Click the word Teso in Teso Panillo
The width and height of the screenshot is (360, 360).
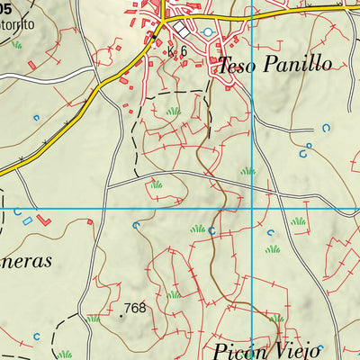coord(237,64)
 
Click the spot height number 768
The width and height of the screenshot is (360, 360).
coord(136,308)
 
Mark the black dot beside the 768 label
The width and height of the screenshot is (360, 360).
coord(121,316)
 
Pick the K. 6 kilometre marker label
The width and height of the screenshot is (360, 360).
coord(177,51)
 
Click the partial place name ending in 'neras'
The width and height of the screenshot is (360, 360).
coord(26,261)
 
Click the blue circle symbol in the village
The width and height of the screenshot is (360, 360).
coord(210,32)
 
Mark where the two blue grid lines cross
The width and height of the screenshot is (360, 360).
coord(252,210)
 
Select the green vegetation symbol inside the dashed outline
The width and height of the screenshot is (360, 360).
coord(174,111)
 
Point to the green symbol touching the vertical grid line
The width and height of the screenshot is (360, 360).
coord(247,170)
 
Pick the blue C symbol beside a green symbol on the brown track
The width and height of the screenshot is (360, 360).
coord(211,230)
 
